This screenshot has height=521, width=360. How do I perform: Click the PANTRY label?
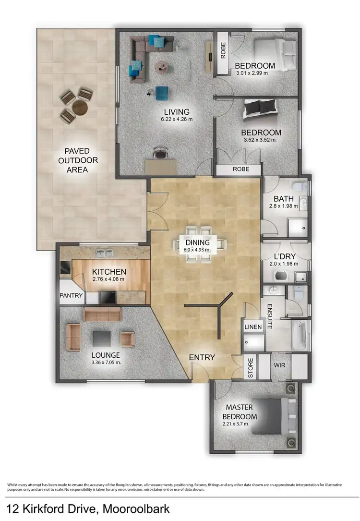tap(72, 296)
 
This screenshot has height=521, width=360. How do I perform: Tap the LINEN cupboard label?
tap(253, 327)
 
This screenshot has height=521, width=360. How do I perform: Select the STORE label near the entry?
tap(251, 367)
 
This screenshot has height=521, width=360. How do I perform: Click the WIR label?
tap(280, 365)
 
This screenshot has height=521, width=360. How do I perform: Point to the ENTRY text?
tap(202, 357)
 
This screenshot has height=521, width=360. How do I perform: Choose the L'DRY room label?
tap(286, 255)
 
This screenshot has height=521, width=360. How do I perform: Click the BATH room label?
tap(284, 198)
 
